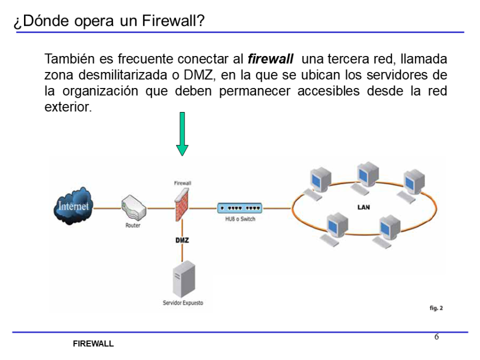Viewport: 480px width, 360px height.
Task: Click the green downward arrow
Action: (x=182, y=134)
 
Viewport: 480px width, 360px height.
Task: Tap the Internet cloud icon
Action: (x=74, y=206)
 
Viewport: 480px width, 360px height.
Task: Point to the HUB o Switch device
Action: (x=239, y=208)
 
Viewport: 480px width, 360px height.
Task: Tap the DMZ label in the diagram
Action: (x=182, y=240)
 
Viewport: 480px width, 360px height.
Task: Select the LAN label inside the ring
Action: (x=364, y=207)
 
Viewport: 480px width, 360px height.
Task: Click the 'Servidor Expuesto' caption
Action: (x=183, y=303)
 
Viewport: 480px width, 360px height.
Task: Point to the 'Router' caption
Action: (x=133, y=226)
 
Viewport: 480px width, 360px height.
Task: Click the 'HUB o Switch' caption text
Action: (x=240, y=219)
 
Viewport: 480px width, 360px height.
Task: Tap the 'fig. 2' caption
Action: (x=436, y=308)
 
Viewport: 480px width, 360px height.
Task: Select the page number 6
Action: (x=436, y=337)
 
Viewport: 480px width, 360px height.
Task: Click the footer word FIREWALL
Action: (x=93, y=344)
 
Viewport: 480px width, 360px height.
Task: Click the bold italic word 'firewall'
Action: (x=271, y=59)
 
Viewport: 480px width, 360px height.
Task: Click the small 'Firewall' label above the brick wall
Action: (x=182, y=183)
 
